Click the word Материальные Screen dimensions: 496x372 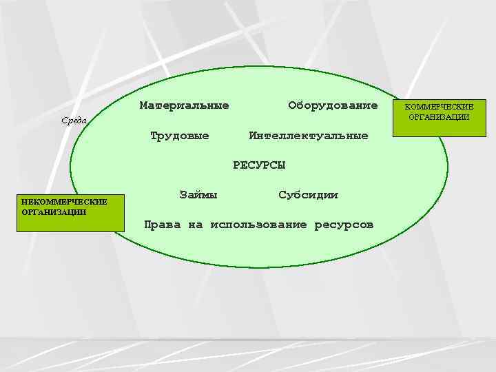(184, 105)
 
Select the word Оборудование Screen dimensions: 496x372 (333, 105)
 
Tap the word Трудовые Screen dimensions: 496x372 (179, 135)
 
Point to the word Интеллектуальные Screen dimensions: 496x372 (308, 135)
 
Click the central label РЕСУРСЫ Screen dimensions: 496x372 (259, 165)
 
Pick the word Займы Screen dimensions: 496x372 (198, 195)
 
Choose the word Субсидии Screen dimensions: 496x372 (308, 195)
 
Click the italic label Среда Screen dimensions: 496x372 (74, 121)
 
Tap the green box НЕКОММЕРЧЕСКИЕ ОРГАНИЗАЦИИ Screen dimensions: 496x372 (71, 212)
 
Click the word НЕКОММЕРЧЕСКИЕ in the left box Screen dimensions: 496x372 (64, 202)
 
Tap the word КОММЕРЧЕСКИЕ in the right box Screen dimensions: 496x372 (439, 108)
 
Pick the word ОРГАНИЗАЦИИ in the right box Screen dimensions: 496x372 (439, 117)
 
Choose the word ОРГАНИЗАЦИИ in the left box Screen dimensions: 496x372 (54, 211)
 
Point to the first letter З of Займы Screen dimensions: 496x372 (183, 195)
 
